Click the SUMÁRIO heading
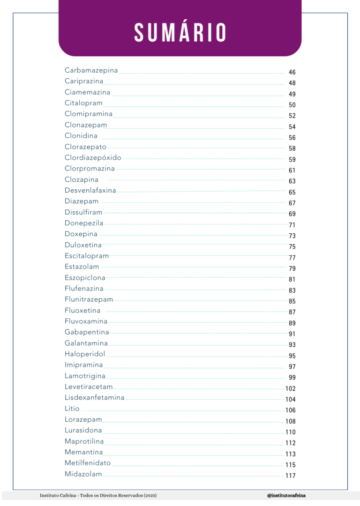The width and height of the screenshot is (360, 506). pos(180,32)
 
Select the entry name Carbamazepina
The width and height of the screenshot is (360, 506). pos(91,70)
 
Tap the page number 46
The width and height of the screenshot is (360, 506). pos(292,72)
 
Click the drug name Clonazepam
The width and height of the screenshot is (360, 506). pos(86,125)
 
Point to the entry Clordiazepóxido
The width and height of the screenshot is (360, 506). pos(93,158)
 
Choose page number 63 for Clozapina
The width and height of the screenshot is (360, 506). pos(292,181)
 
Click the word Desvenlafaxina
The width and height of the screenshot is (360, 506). pos(90,191)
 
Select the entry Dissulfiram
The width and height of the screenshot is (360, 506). pos(83,212)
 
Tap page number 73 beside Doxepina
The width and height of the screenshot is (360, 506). pos(292,236)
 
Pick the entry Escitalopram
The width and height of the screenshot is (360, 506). pos(87,256)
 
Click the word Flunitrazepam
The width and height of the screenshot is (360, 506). pos(89,299)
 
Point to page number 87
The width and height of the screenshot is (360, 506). pos(292,312)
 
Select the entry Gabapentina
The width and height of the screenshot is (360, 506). pos(87,332)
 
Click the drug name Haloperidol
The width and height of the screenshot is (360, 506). pos(85,354)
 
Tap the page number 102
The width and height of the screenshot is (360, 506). pos(291,388)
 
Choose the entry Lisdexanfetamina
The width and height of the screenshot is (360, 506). pos(95,398)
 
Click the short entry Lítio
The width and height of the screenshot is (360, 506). pos(72,409)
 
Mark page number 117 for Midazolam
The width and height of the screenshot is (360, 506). pos(291,476)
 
